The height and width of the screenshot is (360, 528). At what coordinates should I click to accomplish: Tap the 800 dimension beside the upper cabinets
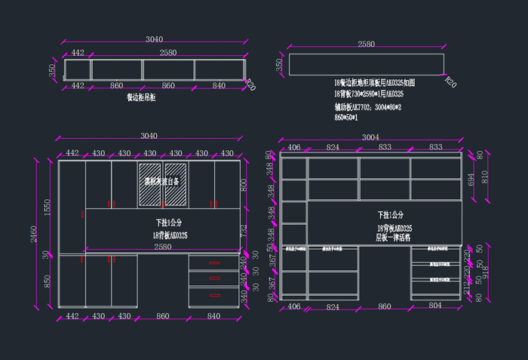tap(243, 184)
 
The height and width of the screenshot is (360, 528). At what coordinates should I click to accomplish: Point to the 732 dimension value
tap(243, 231)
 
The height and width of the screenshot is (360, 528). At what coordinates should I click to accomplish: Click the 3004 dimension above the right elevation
tap(370, 137)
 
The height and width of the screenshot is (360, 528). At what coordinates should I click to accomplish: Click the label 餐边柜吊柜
tap(141, 97)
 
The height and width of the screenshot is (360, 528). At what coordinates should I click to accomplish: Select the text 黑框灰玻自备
tap(162, 182)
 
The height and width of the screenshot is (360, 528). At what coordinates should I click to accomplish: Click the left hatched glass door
tap(149, 184)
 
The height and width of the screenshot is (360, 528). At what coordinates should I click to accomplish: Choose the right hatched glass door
tap(176, 184)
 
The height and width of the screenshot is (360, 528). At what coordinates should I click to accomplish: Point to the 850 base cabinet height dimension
tap(47, 281)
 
